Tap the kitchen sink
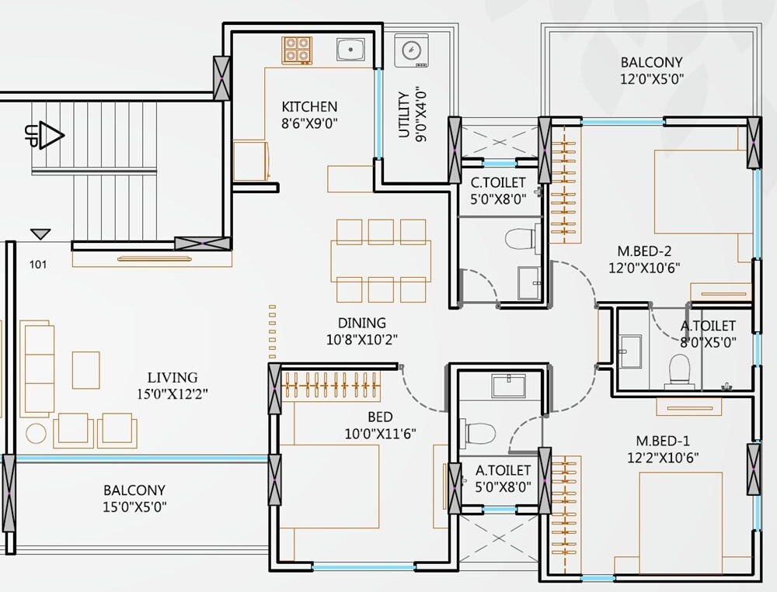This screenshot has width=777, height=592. point(351,48)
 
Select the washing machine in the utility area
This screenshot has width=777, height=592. point(409,50)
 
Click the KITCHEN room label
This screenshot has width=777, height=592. point(309,106)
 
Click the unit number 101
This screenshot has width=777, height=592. point(38,265)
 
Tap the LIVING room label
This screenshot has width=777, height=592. point(173,378)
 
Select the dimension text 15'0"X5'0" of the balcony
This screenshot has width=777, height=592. point(135,507)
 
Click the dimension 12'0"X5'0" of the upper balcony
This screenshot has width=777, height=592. point(652,78)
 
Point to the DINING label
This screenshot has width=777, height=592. point(361,323)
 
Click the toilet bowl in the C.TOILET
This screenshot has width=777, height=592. point(517,237)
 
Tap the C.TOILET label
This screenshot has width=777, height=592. point(498,182)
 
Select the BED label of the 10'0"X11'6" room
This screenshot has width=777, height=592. point(381,417)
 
